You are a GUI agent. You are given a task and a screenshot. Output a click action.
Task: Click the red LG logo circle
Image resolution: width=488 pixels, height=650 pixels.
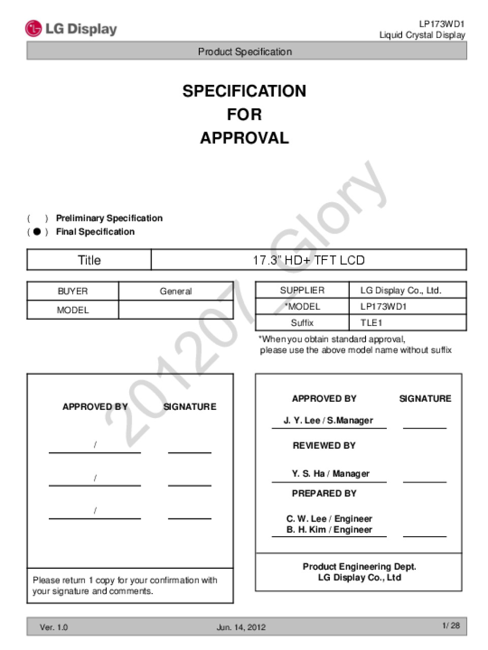[x=33, y=28]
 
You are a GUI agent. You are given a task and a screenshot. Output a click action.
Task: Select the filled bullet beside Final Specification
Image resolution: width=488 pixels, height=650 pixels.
[x=37, y=232]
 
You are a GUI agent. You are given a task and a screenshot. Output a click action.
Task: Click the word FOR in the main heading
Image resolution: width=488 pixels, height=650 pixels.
[x=245, y=114]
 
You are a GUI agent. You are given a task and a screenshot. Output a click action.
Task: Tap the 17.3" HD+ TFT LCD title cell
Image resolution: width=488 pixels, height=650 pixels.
[x=309, y=260]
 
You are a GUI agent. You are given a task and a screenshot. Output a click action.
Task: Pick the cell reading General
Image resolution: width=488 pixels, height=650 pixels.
[x=176, y=291]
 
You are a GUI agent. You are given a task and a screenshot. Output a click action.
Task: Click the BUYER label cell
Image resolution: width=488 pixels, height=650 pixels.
[x=73, y=291]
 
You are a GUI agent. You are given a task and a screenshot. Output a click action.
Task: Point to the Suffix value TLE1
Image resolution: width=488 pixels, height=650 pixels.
[x=371, y=322]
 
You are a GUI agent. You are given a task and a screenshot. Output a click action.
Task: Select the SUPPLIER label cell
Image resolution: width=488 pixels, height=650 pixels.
[x=302, y=290]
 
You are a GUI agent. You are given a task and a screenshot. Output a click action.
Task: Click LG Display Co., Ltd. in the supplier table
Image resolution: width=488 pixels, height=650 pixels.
[x=401, y=290]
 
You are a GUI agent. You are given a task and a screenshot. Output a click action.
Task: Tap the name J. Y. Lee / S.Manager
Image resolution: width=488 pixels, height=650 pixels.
[x=328, y=420]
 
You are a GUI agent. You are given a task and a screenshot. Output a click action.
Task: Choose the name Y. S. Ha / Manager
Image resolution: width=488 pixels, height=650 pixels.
[x=330, y=473]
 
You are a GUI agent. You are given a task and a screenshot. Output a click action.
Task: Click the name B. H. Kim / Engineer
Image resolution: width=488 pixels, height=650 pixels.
[x=329, y=530]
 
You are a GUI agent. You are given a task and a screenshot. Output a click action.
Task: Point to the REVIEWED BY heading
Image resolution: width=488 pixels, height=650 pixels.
[x=324, y=445]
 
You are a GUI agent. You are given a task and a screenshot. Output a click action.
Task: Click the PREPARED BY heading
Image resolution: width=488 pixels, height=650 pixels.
[x=324, y=493]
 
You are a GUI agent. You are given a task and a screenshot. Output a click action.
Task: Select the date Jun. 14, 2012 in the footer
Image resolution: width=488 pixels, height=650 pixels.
[x=241, y=627]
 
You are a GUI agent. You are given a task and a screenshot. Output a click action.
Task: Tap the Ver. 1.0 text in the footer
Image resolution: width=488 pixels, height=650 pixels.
[x=54, y=627]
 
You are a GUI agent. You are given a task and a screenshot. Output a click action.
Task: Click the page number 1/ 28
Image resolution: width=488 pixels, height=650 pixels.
[x=451, y=626]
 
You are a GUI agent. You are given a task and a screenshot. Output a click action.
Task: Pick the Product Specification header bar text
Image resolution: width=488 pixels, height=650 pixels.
[x=245, y=51]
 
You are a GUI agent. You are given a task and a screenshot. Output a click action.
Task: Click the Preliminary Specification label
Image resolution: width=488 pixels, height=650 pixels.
[x=109, y=218]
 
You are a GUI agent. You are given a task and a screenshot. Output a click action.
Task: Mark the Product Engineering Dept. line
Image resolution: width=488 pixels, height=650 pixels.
[x=359, y=566]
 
